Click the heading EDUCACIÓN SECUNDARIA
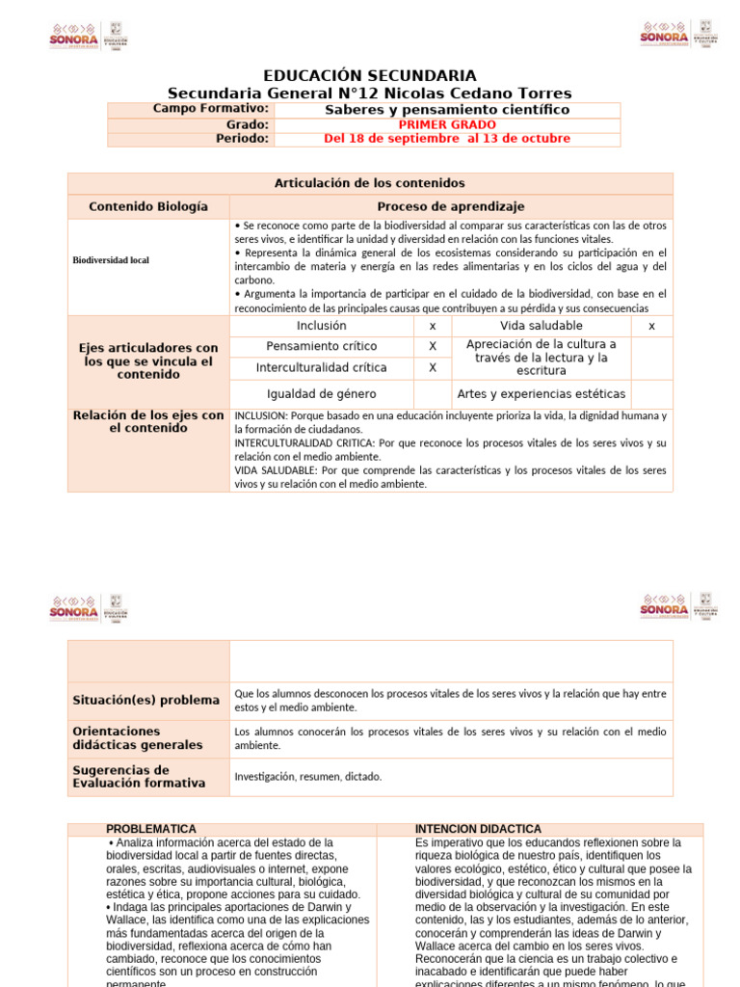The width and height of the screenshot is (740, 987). coord(369,75)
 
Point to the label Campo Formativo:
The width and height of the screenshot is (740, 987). coord(210,109)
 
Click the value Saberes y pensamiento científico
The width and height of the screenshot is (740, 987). coord(447,110)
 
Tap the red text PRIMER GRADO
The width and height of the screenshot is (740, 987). coord(447,124)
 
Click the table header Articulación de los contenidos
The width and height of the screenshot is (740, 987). coord(369,182)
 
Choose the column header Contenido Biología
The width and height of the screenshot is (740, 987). coord(147,206)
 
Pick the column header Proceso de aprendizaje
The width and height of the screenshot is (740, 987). coord(450,206)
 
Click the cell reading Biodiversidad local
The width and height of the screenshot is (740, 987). coord(111,260)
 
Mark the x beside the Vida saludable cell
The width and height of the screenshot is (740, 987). coord(651,326)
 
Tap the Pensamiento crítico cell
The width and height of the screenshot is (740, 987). coord(322,346)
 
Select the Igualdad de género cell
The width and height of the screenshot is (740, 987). coord(322,394)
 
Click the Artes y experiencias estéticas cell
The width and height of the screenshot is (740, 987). coord(542,394)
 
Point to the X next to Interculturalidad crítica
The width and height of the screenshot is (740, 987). coord(433,367)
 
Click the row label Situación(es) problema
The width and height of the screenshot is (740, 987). coord(145,700)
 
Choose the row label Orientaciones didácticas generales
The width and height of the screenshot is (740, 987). coord(137,738)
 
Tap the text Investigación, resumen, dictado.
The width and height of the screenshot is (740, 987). coord(308,776)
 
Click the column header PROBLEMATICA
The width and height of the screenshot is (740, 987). coord(151,829)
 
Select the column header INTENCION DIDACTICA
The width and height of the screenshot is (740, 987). coord(478,829)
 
